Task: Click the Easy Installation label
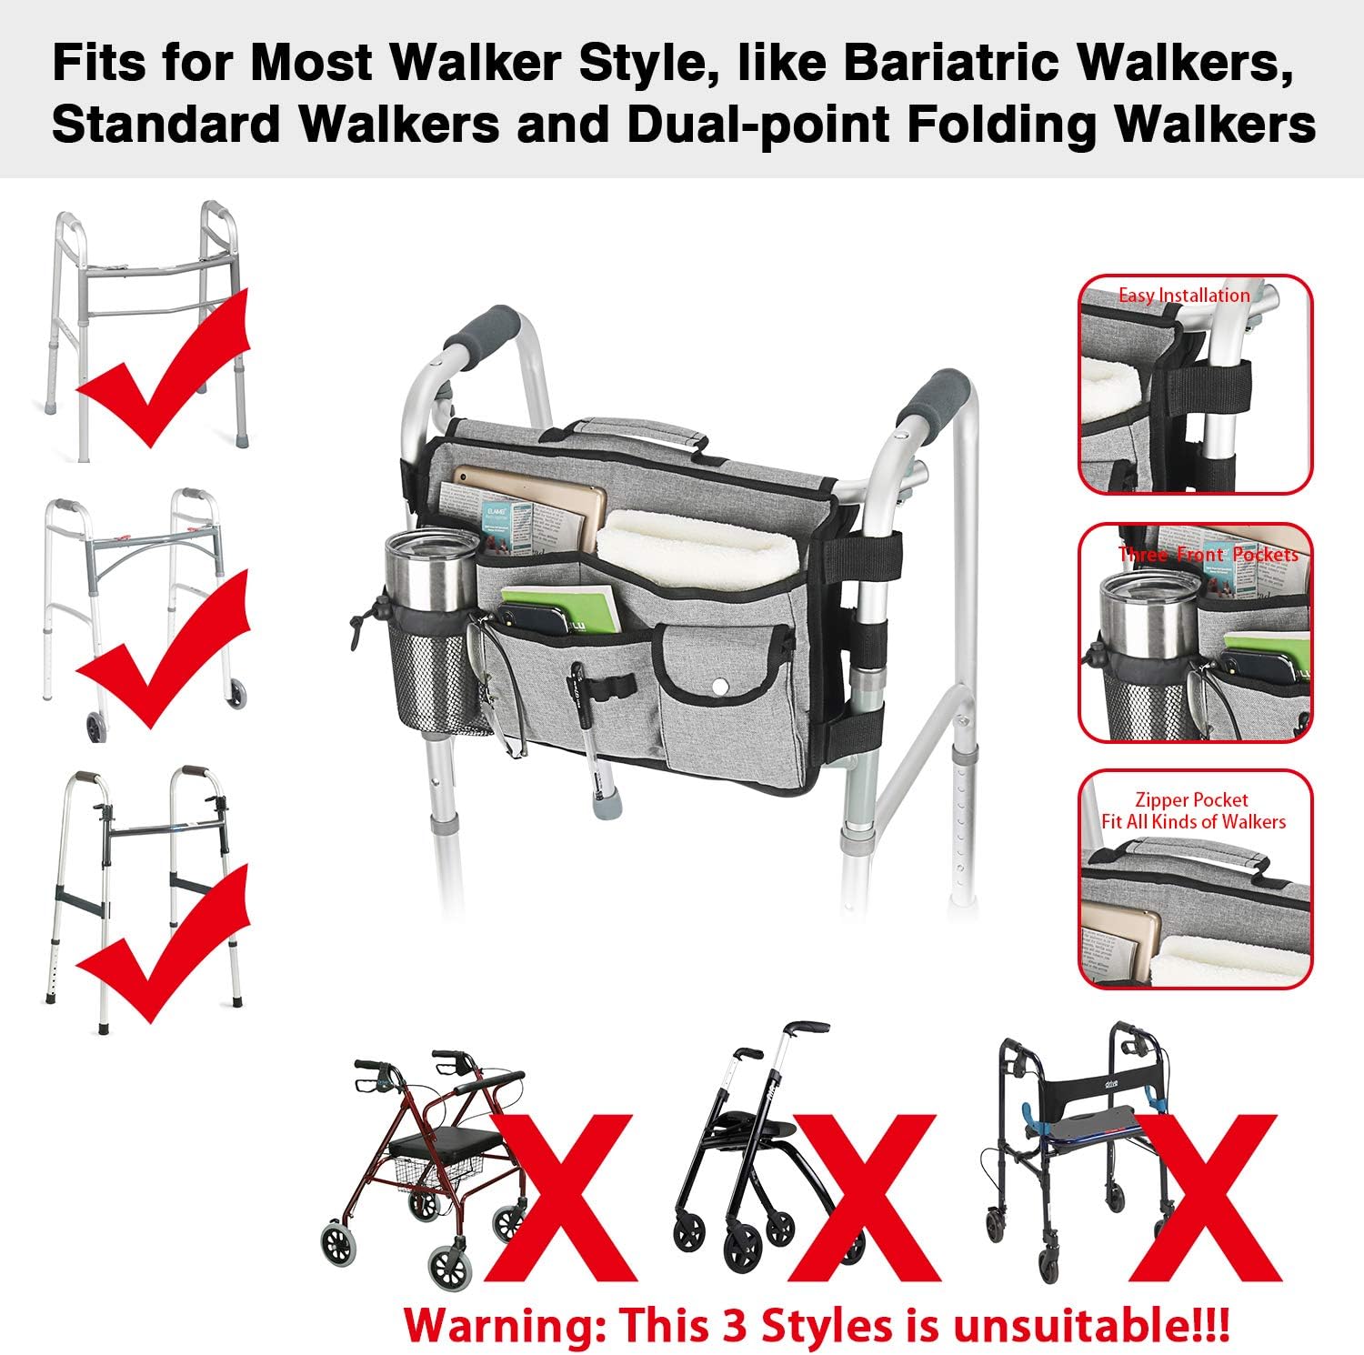(1184, 296)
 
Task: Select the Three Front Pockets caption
(1208, 554)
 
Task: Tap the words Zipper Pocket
(1192, 800)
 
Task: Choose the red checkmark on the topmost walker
(164, 373)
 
